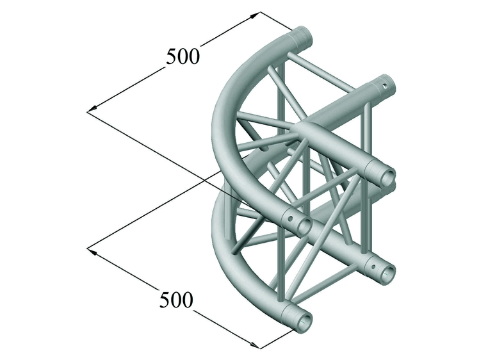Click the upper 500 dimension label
coord(183,56)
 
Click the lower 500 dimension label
coord(176,299)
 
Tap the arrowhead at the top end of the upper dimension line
coord(256,15)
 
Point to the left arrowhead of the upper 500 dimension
coord(92,109)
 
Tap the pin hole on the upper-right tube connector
coord(386,85)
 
